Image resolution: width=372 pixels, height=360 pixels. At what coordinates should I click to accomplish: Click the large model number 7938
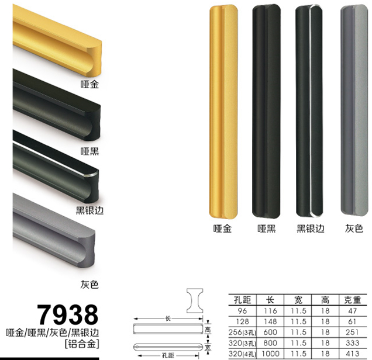(x=68, y=314)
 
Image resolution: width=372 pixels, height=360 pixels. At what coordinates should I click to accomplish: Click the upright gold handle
(x=223, y=111)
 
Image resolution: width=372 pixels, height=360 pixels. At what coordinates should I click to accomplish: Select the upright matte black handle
(x=266, y=111)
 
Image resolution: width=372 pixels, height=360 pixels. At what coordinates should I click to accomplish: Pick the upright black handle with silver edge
(x=309, y=111)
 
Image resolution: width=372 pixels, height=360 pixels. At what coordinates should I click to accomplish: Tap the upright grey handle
(x=354, y=110)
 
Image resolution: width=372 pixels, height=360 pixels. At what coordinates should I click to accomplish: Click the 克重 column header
(x=352, y=300)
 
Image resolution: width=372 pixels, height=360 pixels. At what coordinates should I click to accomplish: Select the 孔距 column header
(x=242, y=300)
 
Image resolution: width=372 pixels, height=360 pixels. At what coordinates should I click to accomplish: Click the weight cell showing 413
(x=352, y=354)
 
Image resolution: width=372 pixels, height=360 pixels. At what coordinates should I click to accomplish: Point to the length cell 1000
(x=270, y=354)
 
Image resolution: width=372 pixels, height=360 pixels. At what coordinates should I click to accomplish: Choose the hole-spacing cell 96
(x=242, y=311)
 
